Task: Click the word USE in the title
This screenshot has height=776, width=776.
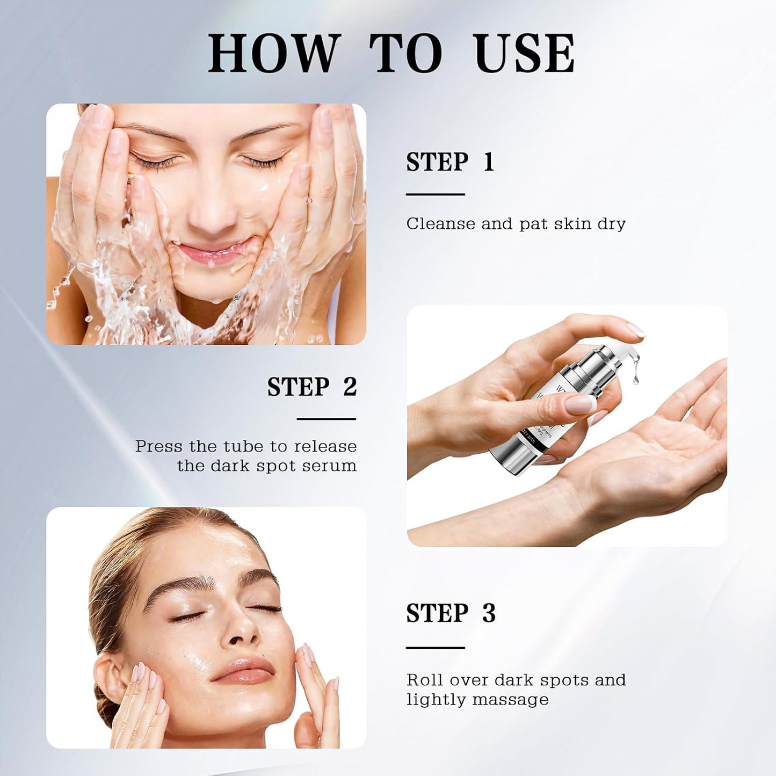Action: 525,54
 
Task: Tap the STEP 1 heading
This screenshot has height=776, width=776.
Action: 450,162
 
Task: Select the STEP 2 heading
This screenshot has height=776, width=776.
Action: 312,387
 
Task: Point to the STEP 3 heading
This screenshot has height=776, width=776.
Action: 451,613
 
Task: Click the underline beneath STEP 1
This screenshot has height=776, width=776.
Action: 435,194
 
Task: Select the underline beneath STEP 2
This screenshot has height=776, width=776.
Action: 327,419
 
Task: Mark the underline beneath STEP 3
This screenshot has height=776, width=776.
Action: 435,648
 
